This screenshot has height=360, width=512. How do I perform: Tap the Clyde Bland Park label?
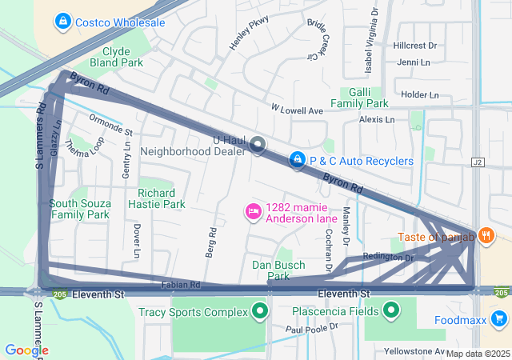coord(122,56)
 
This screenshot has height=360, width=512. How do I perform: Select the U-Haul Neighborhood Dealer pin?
coord(258,145)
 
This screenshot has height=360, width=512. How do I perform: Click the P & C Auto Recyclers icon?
coord(298,161)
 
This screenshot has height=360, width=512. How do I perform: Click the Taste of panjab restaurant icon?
coord(486,237)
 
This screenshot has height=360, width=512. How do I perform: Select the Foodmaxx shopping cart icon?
coord(499,320)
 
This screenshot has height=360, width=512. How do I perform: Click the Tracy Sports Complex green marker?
coord(260,310)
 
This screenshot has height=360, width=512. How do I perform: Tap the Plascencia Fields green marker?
coord(391,310)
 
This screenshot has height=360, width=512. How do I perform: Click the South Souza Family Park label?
coord(79,209)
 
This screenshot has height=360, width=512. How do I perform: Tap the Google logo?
coord(26,350)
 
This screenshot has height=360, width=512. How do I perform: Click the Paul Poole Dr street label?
coord(312,328)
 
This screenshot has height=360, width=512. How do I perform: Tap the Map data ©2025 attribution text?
coord(478,354)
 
